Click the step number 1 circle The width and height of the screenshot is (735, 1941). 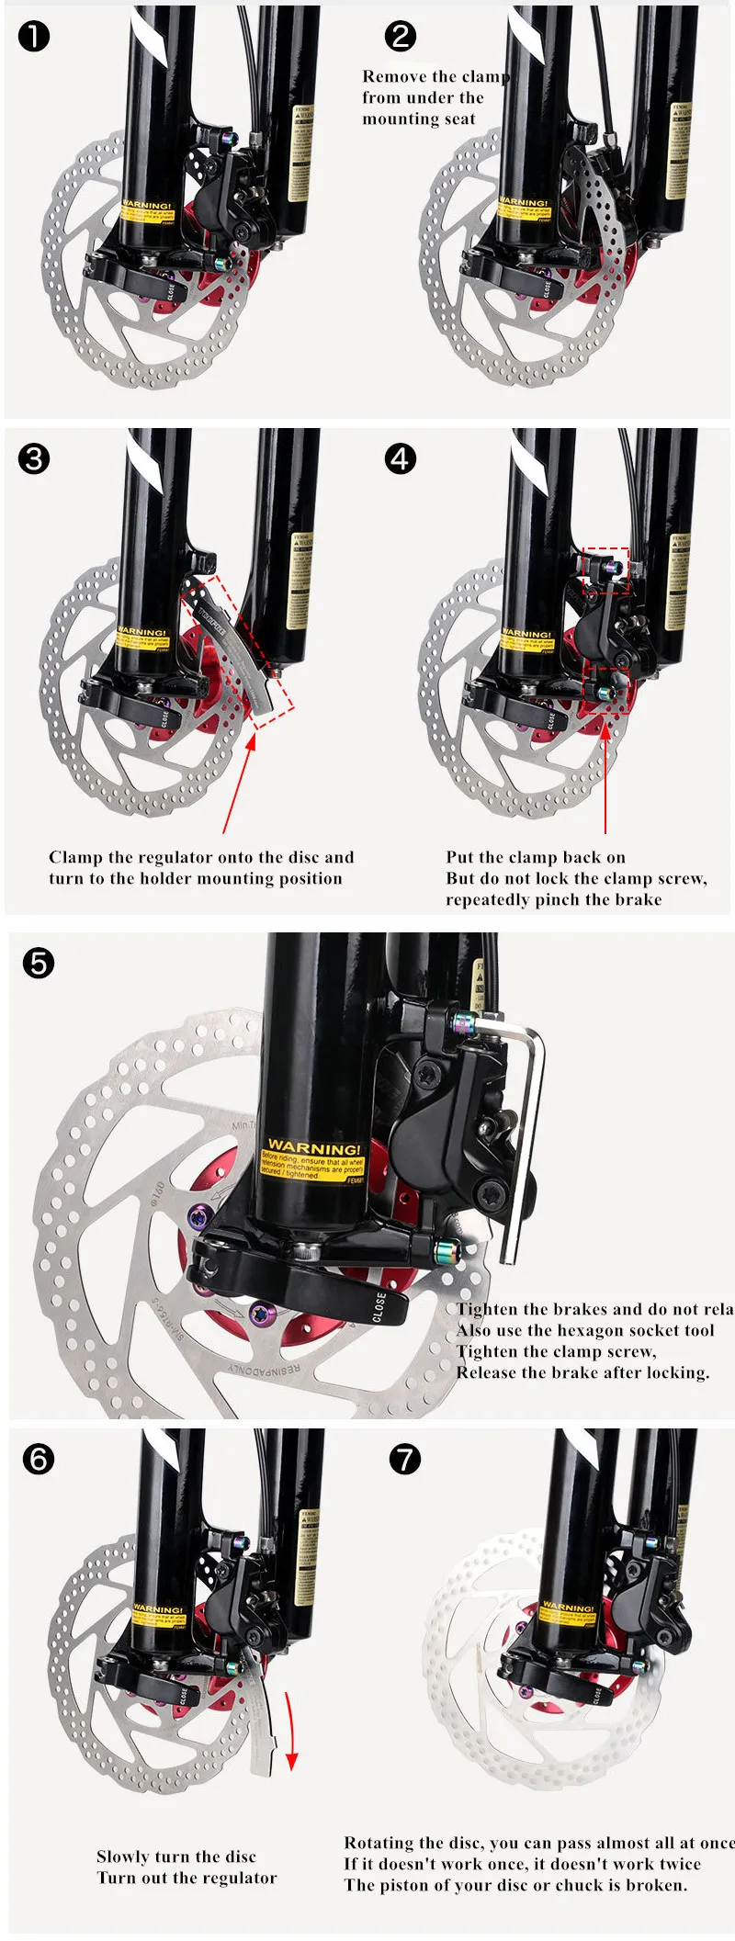pyautogui.click(x=34, y=37)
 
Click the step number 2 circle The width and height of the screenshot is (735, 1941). pyautogui.click(x=401, y=37)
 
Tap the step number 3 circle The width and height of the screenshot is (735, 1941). pyautogui.click(x=34, y=459)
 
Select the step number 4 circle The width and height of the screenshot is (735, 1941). pyautogui.click(x=401, y=459)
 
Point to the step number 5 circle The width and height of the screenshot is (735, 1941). pyautogui.click(x=39, y=964)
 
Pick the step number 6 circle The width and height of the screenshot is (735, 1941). pyautogui.click(x=39, y=1460)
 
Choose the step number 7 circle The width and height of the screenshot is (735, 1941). pyautogui.click(x=404, y=1460)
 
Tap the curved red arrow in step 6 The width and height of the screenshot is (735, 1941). pyautogui.click(x=291, y=1727)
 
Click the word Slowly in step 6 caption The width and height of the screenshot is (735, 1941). pyautogui.click(x=122, y=1856)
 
